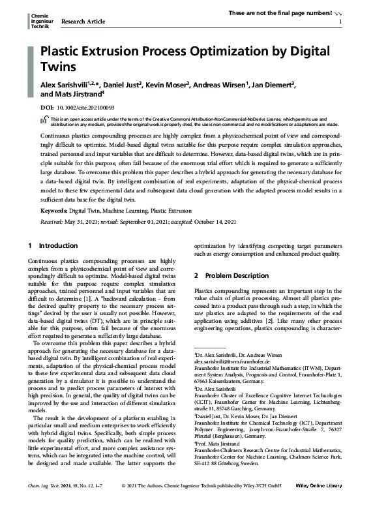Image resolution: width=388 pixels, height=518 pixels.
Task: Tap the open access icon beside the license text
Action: (44, 121)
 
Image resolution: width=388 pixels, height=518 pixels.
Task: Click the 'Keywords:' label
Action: (54, 211)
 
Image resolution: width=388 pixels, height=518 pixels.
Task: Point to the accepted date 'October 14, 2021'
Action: (221, 222)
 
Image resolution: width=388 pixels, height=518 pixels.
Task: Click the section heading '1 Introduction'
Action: (53, 246)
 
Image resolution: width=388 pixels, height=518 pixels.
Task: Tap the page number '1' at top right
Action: (341, 22)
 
